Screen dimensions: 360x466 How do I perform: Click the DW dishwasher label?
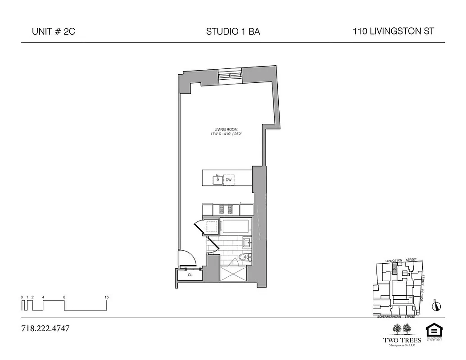tap(229, 180)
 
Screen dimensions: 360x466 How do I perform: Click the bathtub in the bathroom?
tap(236, 226)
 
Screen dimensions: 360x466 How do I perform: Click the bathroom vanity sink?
tap(247, 243)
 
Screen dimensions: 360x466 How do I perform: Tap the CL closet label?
tap(190, 274)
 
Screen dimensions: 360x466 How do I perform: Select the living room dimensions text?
tap(229, 134)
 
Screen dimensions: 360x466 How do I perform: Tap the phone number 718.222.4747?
tap(45, 328)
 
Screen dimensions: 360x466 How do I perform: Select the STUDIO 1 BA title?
tap(233, 31)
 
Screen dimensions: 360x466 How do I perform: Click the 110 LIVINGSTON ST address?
tap(394, 31)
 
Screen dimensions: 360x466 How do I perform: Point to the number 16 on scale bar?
tap(106, 297)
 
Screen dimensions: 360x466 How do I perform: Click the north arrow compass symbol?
tap(436, 306)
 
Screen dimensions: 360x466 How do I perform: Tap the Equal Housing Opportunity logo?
tap(434, 331)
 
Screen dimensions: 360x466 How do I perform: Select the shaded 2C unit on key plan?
tap(395, 270)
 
